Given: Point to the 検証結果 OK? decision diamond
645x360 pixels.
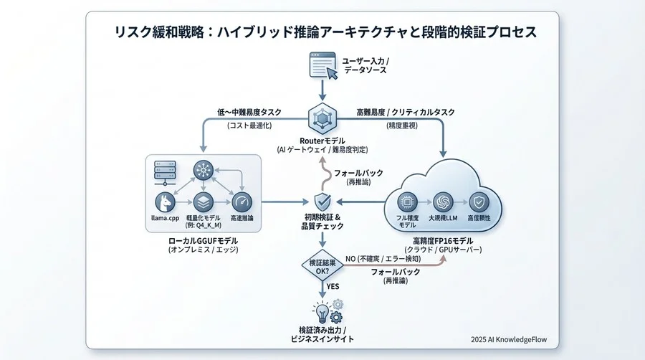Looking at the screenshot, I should pos(322,266).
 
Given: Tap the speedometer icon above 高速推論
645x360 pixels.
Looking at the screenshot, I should pos(242,202).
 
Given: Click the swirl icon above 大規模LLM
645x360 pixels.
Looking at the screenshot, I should pos(443,203).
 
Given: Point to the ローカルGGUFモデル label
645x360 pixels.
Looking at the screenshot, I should pos(203,240).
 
